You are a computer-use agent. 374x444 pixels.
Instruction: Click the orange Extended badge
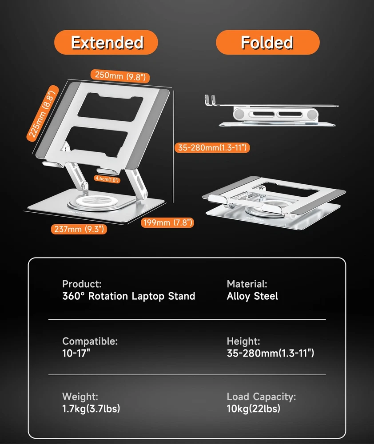click(106, 42)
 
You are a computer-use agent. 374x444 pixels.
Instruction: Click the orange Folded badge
click(267, 42)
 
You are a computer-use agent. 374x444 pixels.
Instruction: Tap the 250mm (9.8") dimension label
click(120, 76)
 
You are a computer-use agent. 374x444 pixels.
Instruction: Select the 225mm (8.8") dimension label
click(42, 114)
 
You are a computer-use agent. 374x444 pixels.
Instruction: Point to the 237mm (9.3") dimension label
click(79, 229)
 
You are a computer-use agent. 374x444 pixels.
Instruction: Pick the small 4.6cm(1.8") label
click(107, 179)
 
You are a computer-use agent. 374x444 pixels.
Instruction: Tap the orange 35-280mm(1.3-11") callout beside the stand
click(212, 147)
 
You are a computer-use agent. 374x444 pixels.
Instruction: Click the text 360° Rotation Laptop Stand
click(129, 296)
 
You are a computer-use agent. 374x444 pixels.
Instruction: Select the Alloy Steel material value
click(252, 296)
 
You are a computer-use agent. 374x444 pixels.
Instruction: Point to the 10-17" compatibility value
click(76, 353)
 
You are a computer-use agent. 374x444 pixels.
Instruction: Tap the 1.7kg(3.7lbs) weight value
click(91, 408)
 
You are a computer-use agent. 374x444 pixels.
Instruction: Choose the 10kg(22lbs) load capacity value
click(254, 408)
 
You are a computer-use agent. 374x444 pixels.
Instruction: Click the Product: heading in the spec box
click(82, 284)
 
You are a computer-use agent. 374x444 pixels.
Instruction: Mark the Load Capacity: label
click(261, 396)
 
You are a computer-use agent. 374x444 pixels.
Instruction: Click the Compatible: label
click(90, 341)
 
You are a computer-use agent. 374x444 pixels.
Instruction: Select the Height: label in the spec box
click(243, 341)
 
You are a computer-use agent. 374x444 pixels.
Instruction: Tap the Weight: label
click(80, 396)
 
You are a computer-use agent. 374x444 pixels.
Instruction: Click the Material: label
click(247, 284)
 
